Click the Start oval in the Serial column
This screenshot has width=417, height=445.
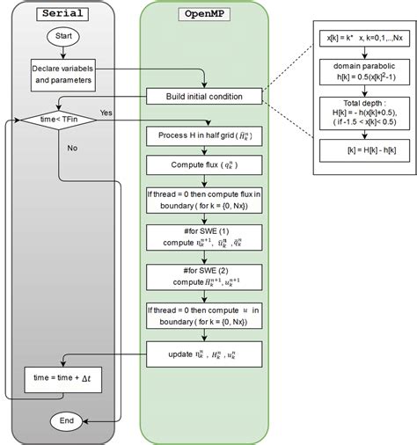click(63, 38)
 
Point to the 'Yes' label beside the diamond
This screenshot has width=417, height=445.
click(106, 113)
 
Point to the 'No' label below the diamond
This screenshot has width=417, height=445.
click(72, 149)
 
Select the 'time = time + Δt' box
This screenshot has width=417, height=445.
click(63, 380)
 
